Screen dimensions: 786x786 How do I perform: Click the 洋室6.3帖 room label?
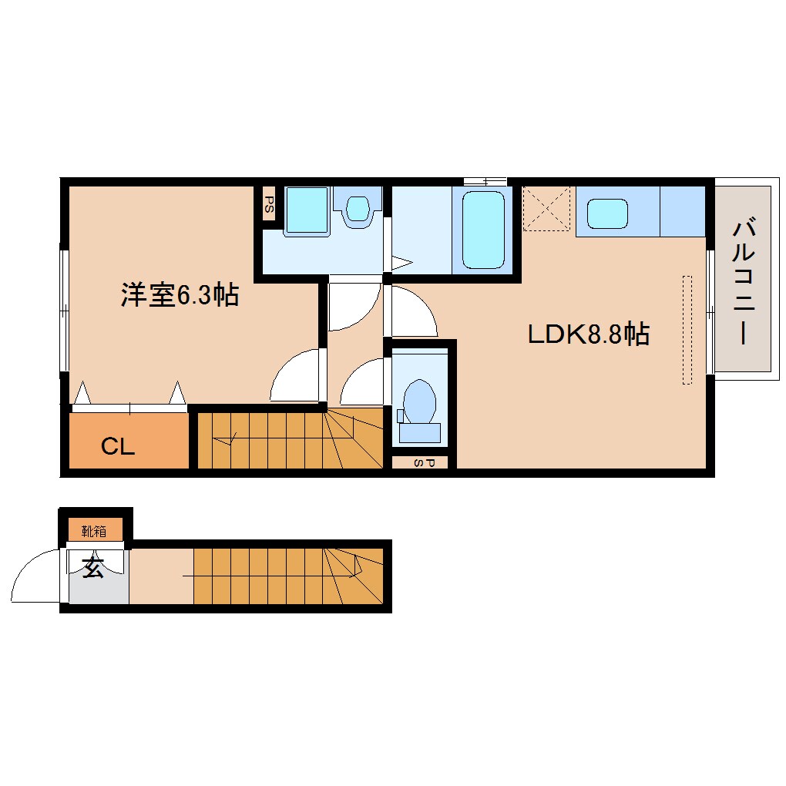[x=179, y=294]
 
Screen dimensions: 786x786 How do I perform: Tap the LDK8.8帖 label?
[x=588, y=334]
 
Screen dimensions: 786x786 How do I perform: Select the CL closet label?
[x=119, y=446]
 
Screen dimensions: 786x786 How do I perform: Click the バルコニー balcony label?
[x=743, y=281]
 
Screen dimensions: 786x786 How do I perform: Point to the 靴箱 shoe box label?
[x=94, y=531]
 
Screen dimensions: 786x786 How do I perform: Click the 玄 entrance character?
[x=93, y=567]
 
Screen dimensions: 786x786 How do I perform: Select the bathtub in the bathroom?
[x=484, y=229]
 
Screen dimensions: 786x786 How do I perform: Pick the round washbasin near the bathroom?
[x=357, y=208]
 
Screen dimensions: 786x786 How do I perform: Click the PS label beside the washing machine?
[x=269, y=203]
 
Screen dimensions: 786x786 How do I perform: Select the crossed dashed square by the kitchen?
[x=547, y=208]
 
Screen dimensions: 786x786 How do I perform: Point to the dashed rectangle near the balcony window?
[x=687, y=329]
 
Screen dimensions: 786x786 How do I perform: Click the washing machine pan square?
[x=307, y=209]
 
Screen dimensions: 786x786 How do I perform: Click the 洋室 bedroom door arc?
[x=294, y=375]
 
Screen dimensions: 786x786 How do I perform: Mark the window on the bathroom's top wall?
[x=485, y=180]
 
